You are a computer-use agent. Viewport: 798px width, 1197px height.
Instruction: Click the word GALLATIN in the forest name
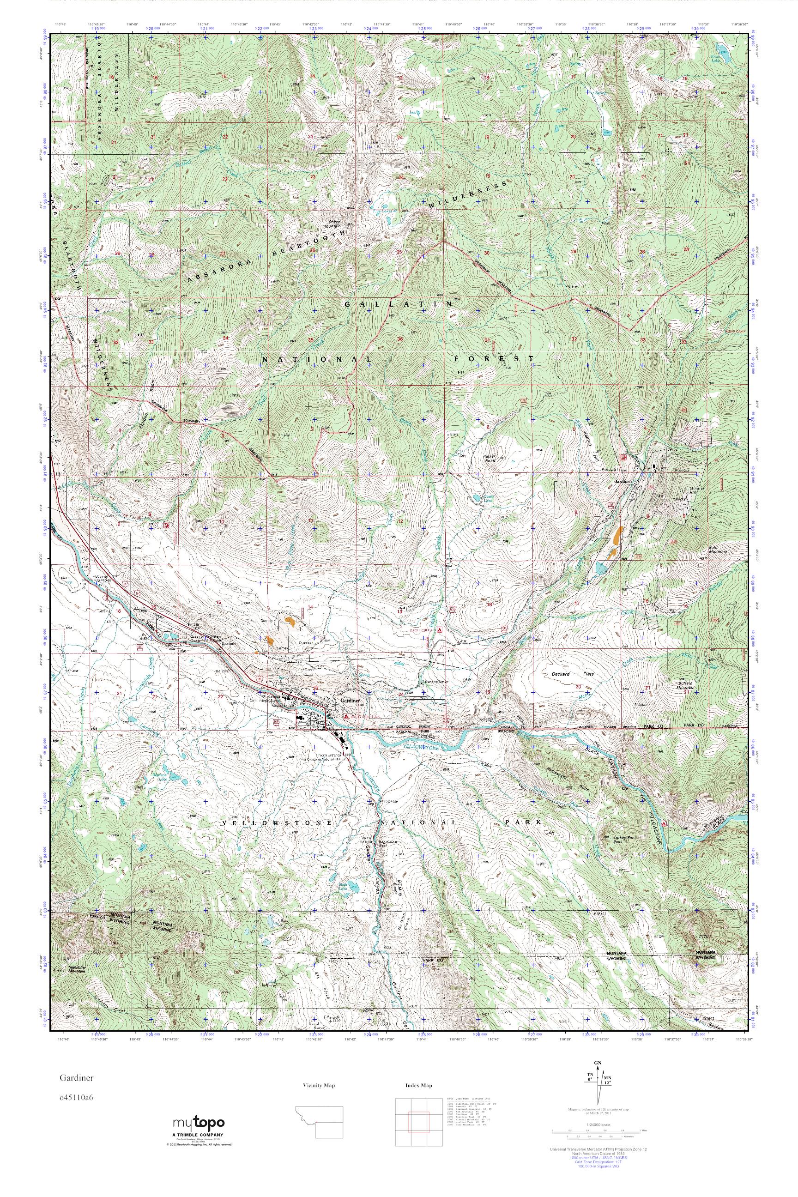[x=399, y=304]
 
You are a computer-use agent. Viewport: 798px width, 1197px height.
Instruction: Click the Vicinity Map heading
[x=319, y=1085]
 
